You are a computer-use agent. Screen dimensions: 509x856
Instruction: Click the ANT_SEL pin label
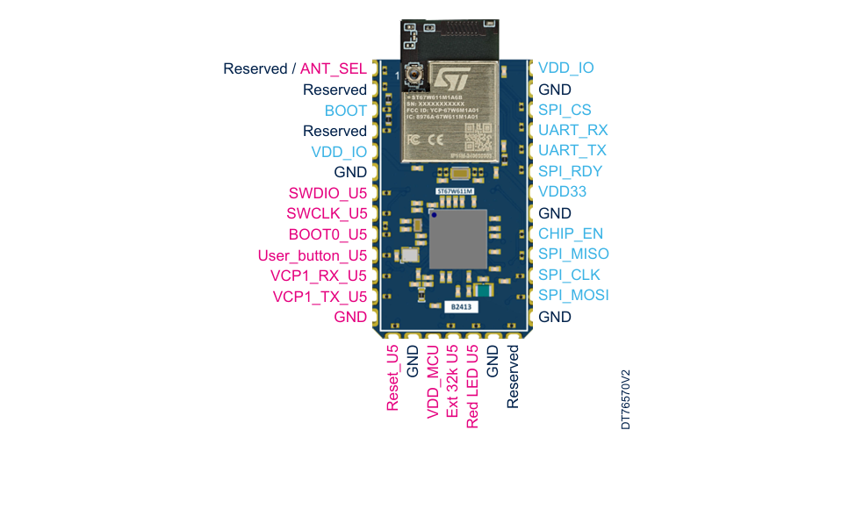pos(334,68)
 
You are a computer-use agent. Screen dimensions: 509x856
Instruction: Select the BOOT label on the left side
pos(346,111)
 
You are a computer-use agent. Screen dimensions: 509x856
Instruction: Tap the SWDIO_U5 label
pos(327,193)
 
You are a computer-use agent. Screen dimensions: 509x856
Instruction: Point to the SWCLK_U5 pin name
pos(327,213)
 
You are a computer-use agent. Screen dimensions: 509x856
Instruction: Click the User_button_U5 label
pos(312,255)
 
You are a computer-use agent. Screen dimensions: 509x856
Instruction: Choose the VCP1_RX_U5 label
pos(319,276)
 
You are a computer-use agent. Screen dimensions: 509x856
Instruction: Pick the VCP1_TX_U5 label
pos(320,297)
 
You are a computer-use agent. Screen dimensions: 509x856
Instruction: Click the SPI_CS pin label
pos(565,110)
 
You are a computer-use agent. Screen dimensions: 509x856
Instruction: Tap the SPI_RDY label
pos(571,171)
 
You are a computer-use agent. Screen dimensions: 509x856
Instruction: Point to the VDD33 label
pos(563,191)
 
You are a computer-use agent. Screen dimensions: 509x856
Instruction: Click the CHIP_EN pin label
pos(571,233)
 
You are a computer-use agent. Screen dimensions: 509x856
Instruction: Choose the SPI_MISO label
pos(573,254)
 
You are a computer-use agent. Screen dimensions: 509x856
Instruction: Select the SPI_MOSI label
pos(573,295)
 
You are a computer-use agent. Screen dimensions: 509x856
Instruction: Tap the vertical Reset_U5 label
pos(392,378)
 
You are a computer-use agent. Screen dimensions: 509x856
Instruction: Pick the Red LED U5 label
pos(472,386)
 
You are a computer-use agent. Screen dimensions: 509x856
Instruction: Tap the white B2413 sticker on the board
pos(459,307)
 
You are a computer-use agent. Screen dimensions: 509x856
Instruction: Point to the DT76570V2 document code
pos(626,399)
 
